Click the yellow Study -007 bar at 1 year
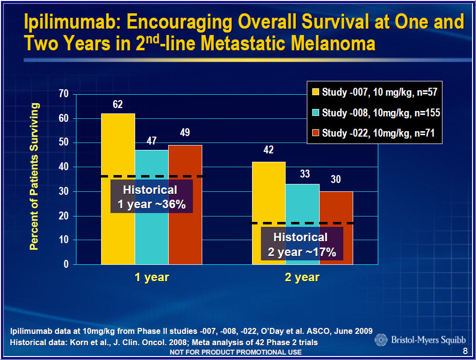point(118,148)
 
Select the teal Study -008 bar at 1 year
point(151,232)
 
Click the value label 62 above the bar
point(117,104)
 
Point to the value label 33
point(305,174)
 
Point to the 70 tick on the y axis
point(64,94)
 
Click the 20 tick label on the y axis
point(64,216)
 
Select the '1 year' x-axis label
point(151,277)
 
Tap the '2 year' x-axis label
point(302,277)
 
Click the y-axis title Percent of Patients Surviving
point(34,177)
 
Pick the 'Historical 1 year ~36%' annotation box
point(151,197)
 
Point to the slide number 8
point(465,351)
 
